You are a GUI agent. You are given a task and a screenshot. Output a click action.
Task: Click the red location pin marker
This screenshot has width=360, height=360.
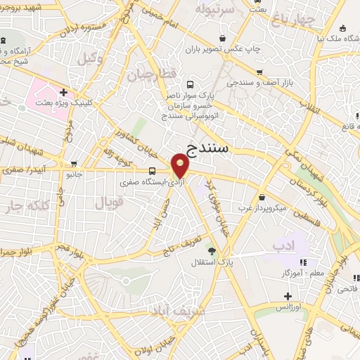coord(181,166)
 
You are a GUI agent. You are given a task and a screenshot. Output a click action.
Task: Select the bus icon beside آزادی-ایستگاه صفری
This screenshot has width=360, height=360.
coord(153,171)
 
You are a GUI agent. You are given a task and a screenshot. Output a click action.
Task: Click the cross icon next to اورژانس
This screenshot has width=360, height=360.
coord(288,296)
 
